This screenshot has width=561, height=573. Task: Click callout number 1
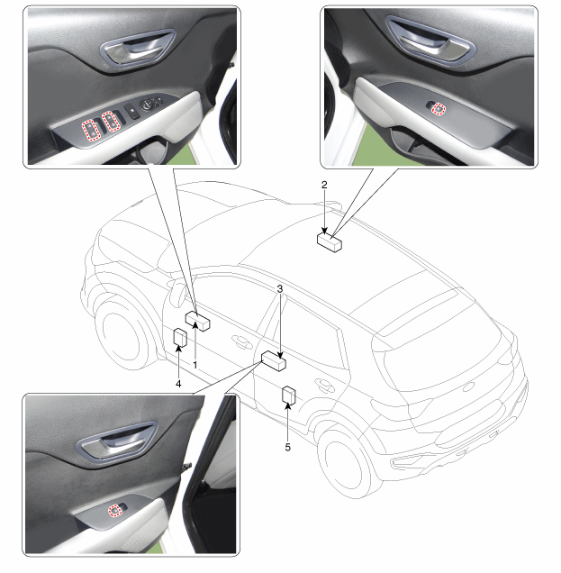(x=195, y=365)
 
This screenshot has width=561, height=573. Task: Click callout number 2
(x=324, y=185)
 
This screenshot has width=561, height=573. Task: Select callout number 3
(x=280, y=289)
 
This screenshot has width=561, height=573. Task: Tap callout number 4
(x=178, y=384)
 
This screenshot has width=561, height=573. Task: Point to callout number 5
(x=288, y=447)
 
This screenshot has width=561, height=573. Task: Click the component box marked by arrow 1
(x=197, y=321)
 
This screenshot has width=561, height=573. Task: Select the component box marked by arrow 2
(x=330, y=242)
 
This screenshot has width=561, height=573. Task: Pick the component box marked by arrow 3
(x=274, y=360)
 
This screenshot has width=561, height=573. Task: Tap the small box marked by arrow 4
(x=180, y=337)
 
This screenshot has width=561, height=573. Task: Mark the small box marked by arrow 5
(x=288, y=395)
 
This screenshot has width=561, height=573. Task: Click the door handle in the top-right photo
(x=430, y=41)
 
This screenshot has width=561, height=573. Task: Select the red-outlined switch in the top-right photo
(x=439, y=108)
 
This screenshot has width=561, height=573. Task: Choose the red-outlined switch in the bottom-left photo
(x=115, y=509)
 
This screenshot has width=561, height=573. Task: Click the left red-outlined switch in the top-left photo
(x=90, y=130)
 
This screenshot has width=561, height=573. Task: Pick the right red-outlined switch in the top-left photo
(x=111, y=122)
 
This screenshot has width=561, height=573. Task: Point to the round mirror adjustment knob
(x=147, y=105)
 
